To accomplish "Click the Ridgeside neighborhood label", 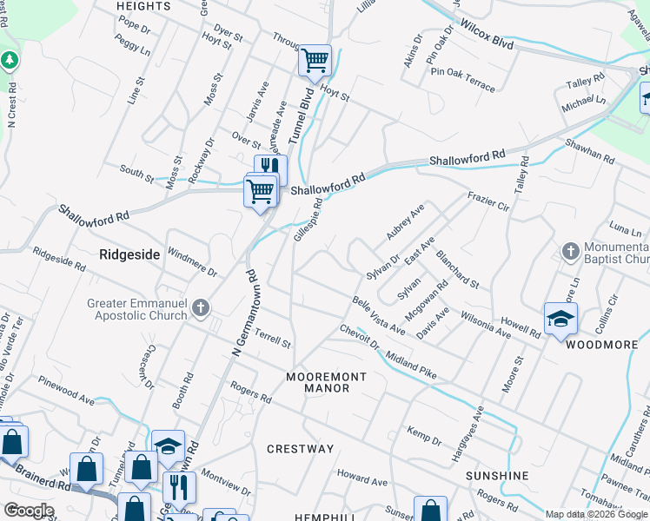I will tap(129, 254).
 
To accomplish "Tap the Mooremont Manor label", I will tap(326, 382).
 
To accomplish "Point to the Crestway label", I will tap(300, 449).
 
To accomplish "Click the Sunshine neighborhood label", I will tap(497, 476).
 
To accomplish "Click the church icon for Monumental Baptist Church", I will tap(570, 252).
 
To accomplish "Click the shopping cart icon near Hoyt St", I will tap(315, 61).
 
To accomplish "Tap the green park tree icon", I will tap(10, 61).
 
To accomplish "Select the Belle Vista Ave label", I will tap(379, 315).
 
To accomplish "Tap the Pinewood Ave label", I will tap(66, 391).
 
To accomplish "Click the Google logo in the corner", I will tap(29, 511).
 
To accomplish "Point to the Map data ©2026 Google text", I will tap(596, 514).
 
